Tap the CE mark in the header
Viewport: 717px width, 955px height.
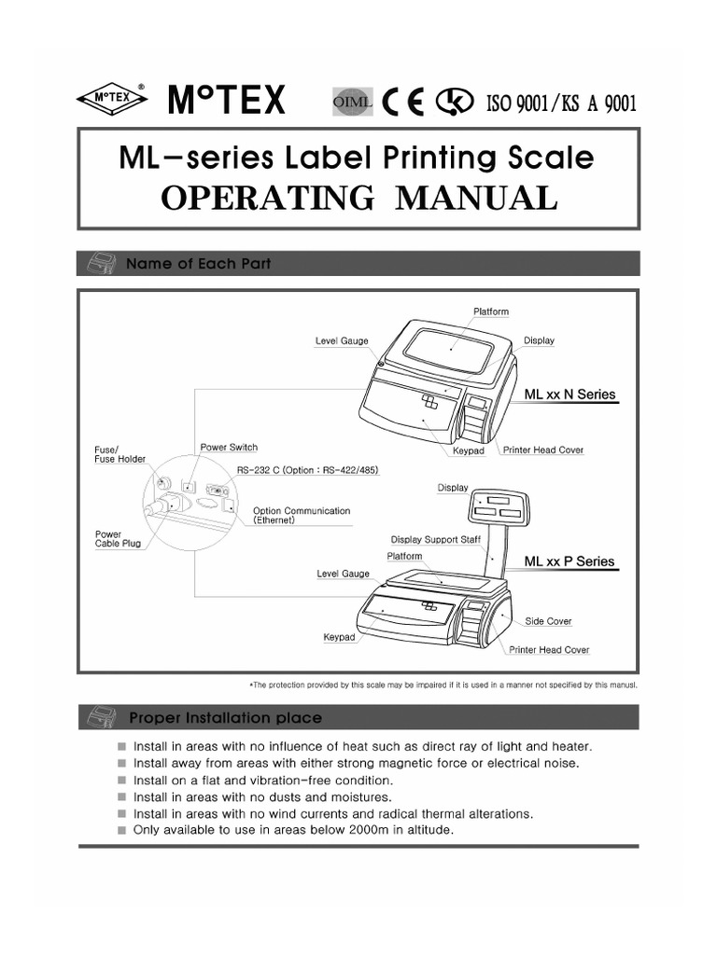click(x=404, y=102)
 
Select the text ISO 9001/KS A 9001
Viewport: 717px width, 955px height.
click(x=561, y=103)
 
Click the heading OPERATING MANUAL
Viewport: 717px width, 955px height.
click(x=358, y=198)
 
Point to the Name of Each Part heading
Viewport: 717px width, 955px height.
click(x=198, y=264)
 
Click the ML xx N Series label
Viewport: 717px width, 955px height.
click(x=569, y=394)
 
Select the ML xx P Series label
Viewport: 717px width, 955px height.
click(x=569, y=561)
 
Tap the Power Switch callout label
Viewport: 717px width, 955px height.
click(x=229, y=448)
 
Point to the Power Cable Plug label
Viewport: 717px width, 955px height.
click(x=119, y=539)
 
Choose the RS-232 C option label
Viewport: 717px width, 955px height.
click(x=307, y=471)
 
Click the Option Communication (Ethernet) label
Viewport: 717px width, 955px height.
click(x=302, y=516)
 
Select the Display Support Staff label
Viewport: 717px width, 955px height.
click(x=436, y=540)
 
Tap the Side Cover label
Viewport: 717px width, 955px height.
click(x=548, y=621)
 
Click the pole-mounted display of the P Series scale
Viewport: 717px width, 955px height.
click(x=496, y=507)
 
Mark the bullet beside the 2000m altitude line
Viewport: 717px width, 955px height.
click(x=121, y=830)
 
